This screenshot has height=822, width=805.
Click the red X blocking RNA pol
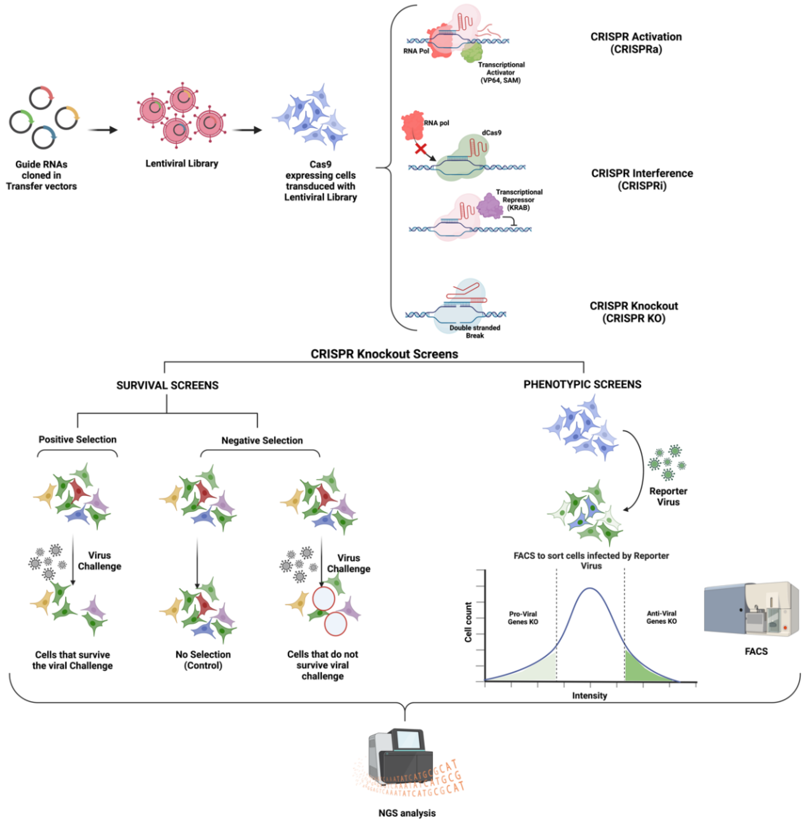click(x=420, y=148)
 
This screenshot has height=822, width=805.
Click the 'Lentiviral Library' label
click(x=182, y=163)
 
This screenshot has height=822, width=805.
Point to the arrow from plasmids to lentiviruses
click(x=103, y=130)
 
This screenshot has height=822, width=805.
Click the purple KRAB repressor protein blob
click(x=490, y=205)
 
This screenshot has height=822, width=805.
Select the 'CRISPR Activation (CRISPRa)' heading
click(x=636, y=43)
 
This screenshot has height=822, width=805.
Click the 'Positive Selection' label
click(x=77, y=439)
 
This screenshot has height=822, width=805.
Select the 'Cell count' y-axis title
click(x=468, y=622)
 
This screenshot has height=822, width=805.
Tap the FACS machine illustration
click(x=751, y=608)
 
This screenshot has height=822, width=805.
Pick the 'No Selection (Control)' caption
click(x=203, y=660)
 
